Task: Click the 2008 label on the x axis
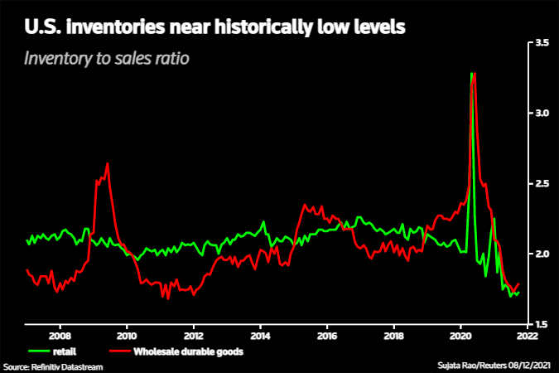click(60, 337)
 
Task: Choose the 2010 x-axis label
click(127, 337)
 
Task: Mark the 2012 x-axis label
click(193, 337)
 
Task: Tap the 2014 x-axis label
click(260, 337)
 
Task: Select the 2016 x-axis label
click(327, 337)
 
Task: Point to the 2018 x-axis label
click(394, 337)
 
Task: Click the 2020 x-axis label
click(461, 337)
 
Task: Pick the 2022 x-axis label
click(528, 337)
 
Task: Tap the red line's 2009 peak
click(108, 163)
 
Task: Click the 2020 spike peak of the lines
click(472, 74)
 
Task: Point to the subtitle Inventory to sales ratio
click(108, 59)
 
